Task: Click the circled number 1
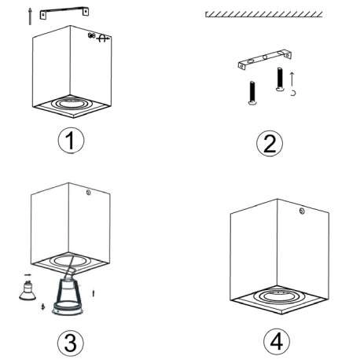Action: (x=71, y=141)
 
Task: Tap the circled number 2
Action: (x=269, y=143)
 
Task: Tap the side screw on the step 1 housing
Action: (x=94, y=36)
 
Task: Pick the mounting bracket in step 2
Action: (x=263, y=60)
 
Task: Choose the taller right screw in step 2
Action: (x=279, y=79)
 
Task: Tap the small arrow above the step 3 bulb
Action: (x=28, y=276)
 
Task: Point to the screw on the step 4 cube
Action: (x=302, y=209)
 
